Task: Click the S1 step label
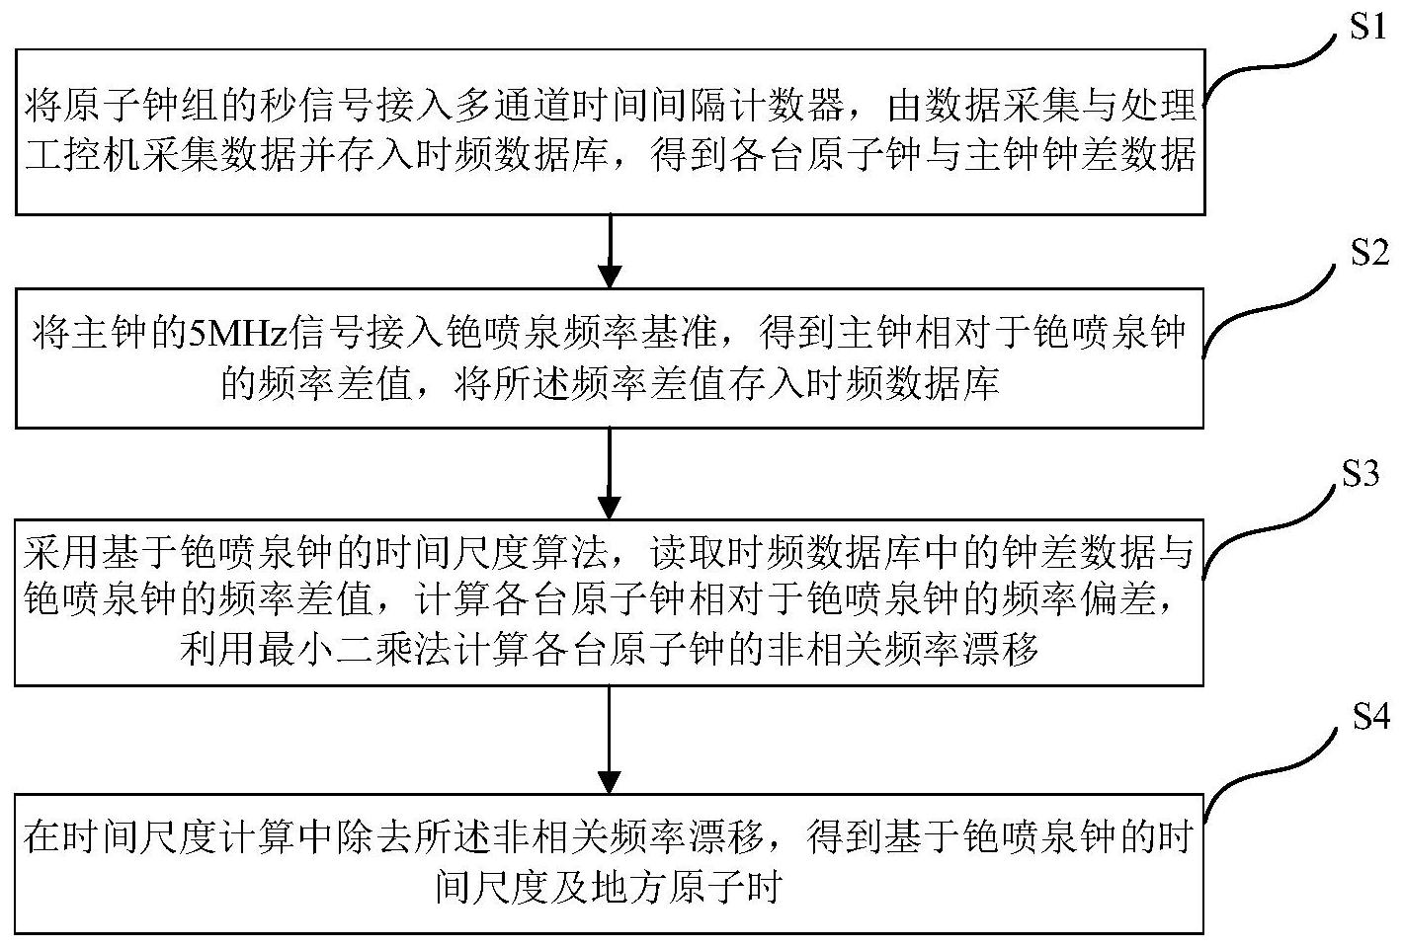[1367, 27]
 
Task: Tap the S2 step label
[1368, 253]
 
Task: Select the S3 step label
[1360, 473]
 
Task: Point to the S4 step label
[1370, 716]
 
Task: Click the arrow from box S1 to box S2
[610, 251]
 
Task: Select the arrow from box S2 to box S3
[610, 474]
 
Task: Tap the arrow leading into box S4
[610, 740]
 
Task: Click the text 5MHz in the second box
[239, 333]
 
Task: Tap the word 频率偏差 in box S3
[1080, 599]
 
